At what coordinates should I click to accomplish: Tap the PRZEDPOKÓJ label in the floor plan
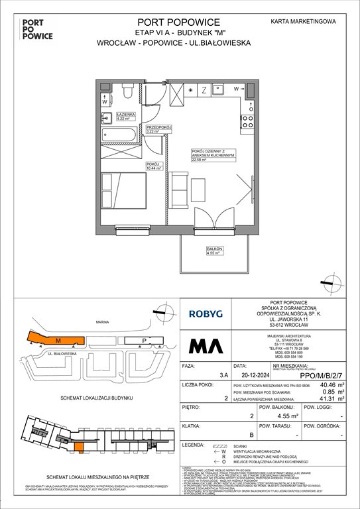pyautogui.click(x=158, y=127)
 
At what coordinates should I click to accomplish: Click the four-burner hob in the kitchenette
pyautogui.click(x=248, y=121)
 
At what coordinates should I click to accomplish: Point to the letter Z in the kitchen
pyautogui.click(x=205, y=89)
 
